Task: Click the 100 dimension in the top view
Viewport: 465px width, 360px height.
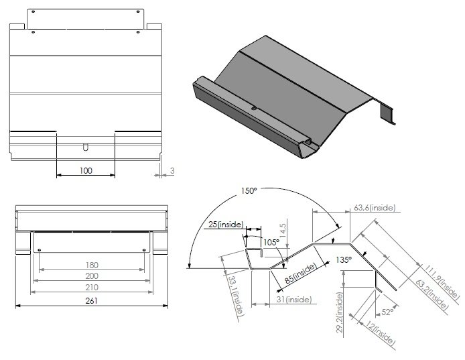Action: (x=86, y=170)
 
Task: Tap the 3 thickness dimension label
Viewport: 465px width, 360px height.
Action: (x=172, y=171)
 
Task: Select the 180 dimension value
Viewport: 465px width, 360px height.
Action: (x=92, y=265)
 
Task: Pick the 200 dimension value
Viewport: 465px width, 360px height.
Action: (x=92, y=276)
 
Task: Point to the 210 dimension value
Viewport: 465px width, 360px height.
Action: (x=92, y=288)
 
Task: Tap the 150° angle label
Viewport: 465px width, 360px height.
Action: (x=249, y=191)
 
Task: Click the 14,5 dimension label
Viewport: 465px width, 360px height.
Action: (x=283, y=229)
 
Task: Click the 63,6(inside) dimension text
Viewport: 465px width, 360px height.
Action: (x=376, y=207)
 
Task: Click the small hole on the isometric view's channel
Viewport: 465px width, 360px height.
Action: (x=254, y=108)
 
